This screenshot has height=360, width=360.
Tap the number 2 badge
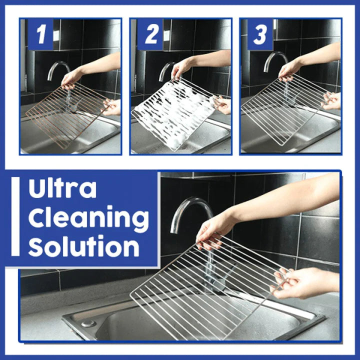(150, 35)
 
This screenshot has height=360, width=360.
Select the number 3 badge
(260, 35)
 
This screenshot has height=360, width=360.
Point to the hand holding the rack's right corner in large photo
(300, 282)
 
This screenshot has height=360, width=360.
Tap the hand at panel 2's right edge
(223, 104)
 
